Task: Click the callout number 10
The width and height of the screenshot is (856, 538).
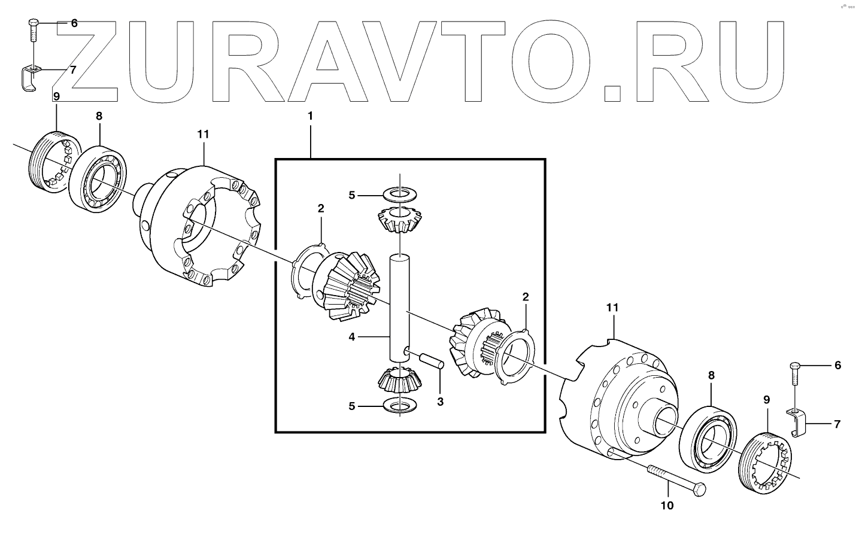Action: [666, 506]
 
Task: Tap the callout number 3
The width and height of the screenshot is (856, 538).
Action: [440, 402]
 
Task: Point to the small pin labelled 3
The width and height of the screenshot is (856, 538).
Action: [431, 361]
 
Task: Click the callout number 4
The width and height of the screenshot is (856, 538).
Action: [351, 338]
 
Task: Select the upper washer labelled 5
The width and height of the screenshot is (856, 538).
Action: [399, 194]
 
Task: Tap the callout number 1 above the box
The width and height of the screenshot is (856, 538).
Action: [310, 115]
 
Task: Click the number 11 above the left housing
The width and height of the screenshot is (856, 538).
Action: [203, 135]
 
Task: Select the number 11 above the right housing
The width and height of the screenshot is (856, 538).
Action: [612, 308]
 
